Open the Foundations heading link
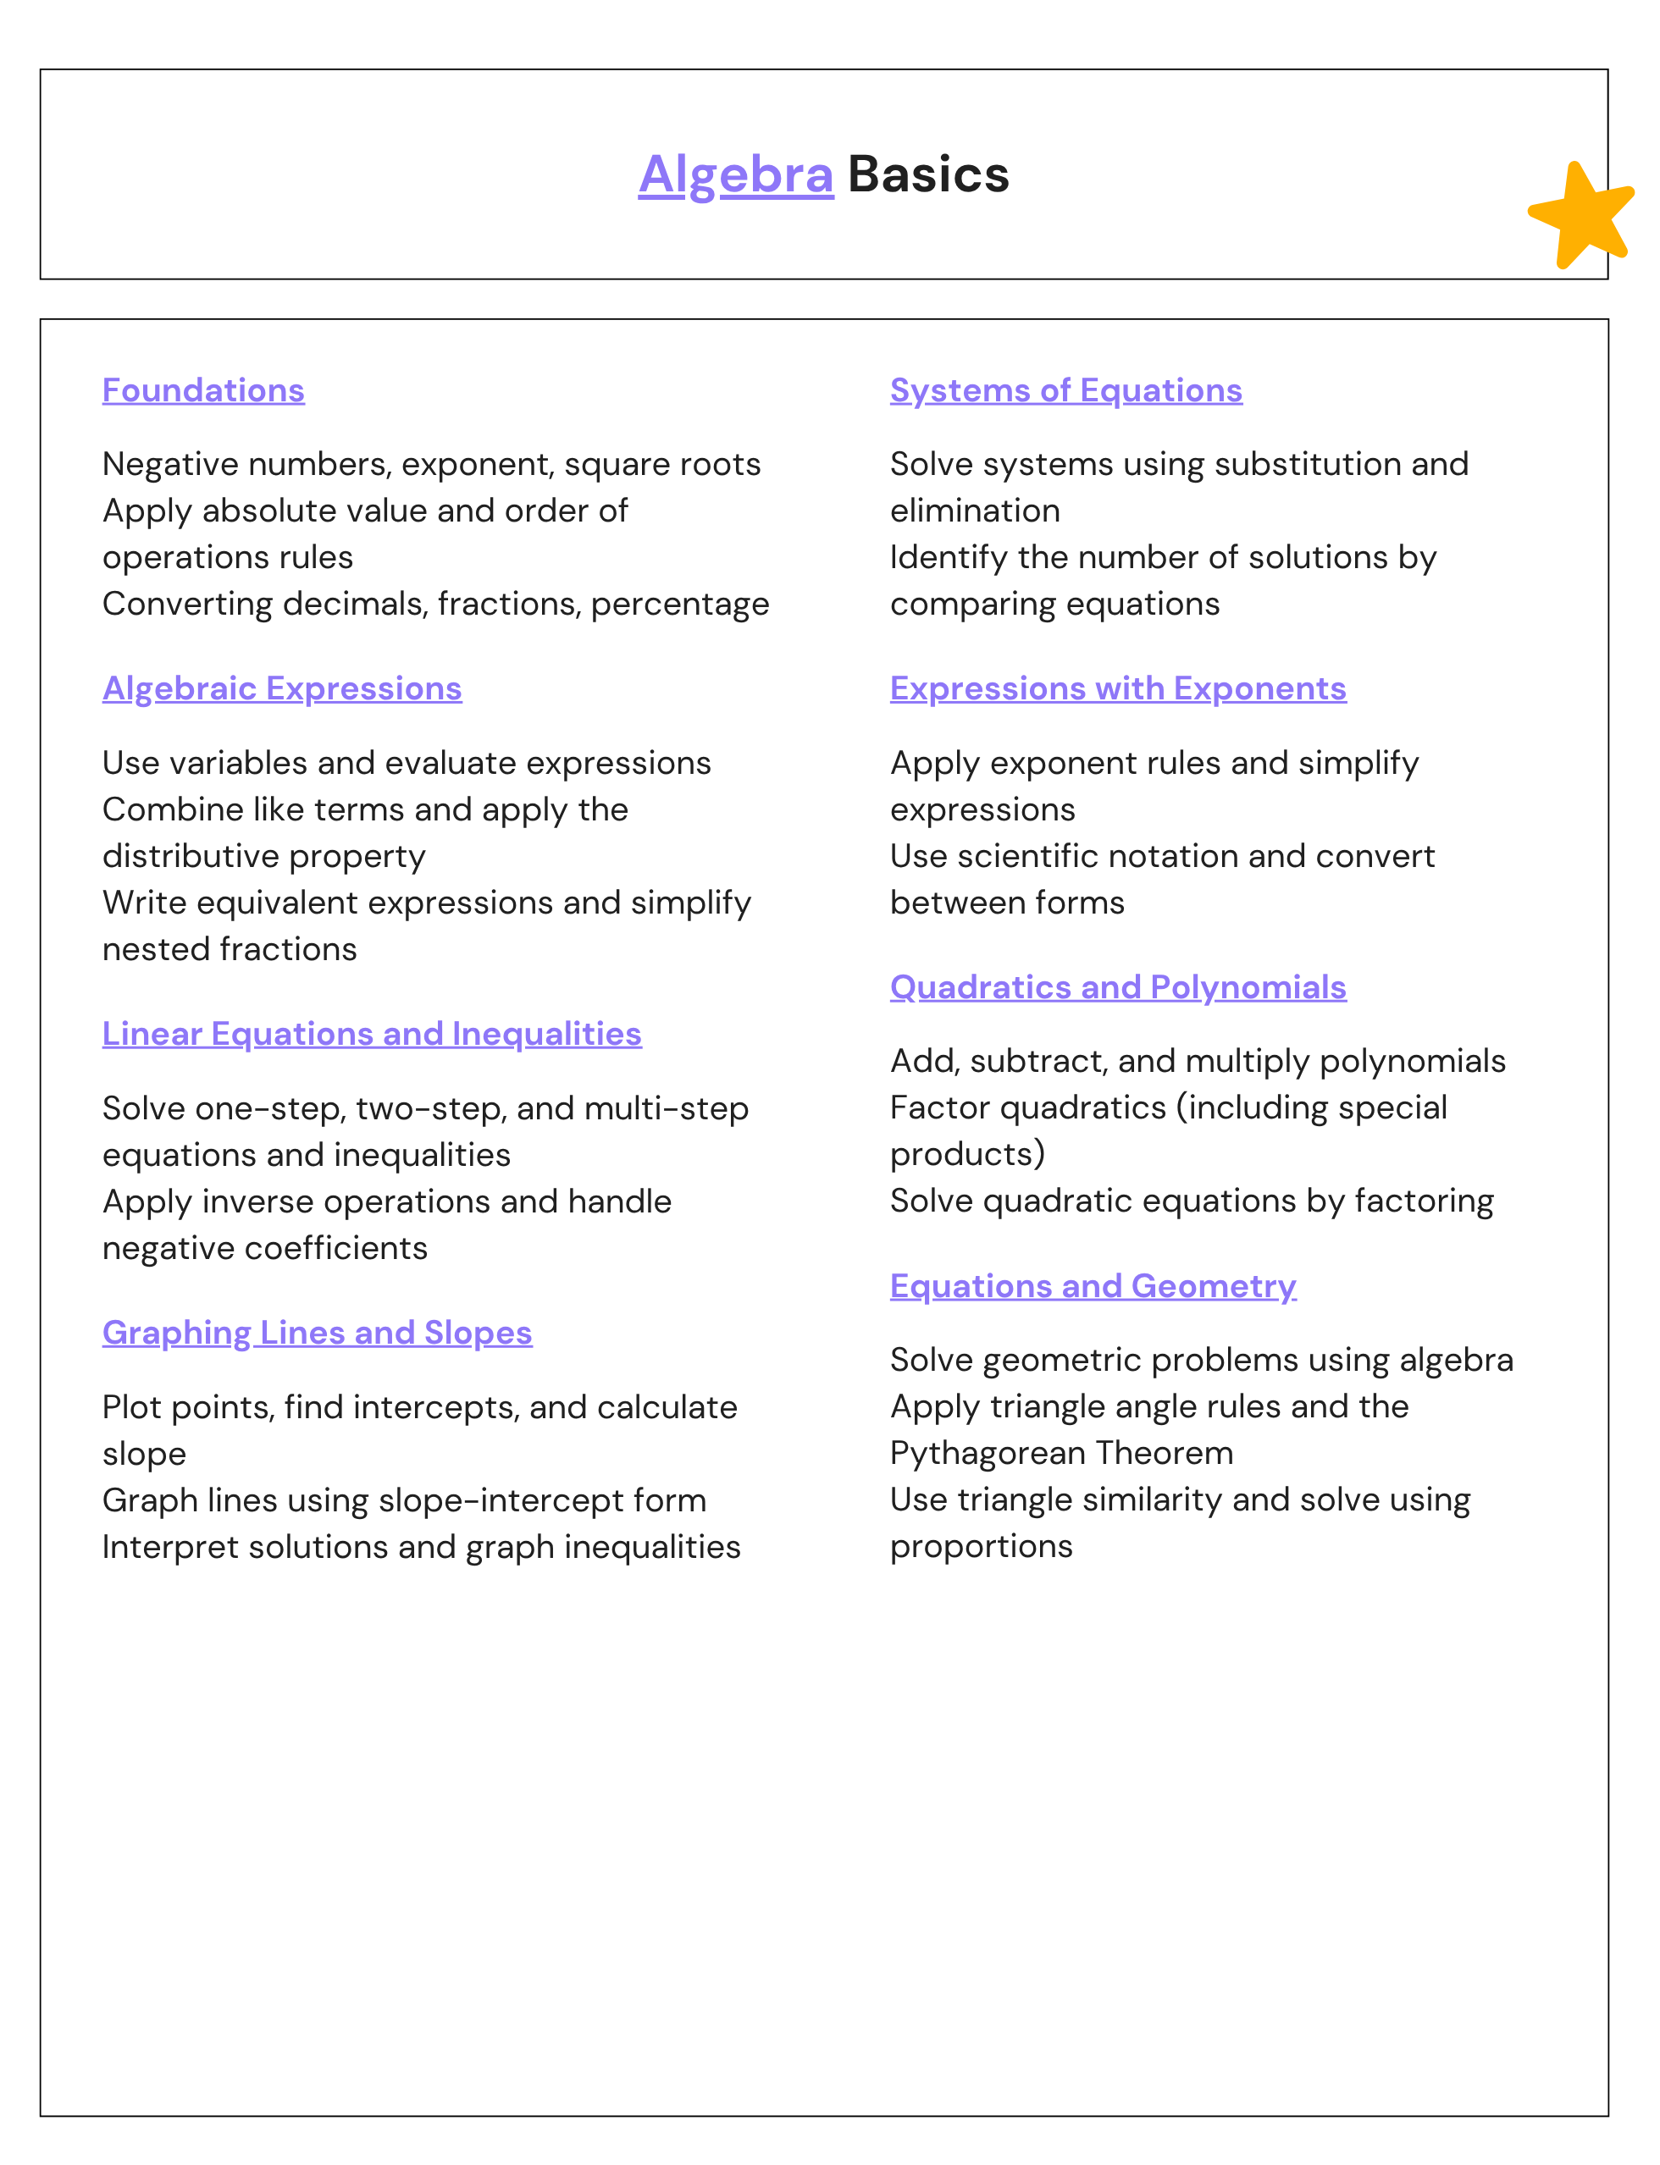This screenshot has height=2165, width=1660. [x=203, y=390]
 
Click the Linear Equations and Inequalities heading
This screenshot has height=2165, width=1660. [x=372, y=1033]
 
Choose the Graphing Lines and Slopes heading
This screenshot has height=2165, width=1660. [x=317, y=1333]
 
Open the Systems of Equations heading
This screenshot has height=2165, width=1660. [x=1066, y=390]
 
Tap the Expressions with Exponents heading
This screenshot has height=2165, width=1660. [x=1118, y=688]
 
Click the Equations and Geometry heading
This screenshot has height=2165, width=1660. [x=1093, y=1286]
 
